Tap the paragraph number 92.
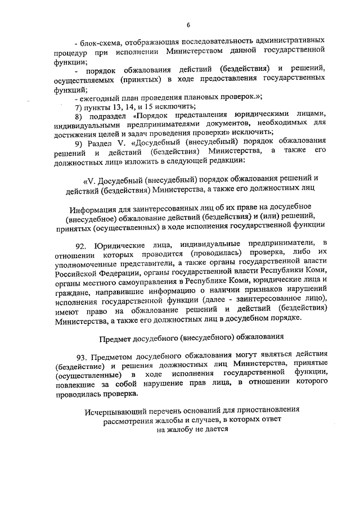[x=82, y=245]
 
